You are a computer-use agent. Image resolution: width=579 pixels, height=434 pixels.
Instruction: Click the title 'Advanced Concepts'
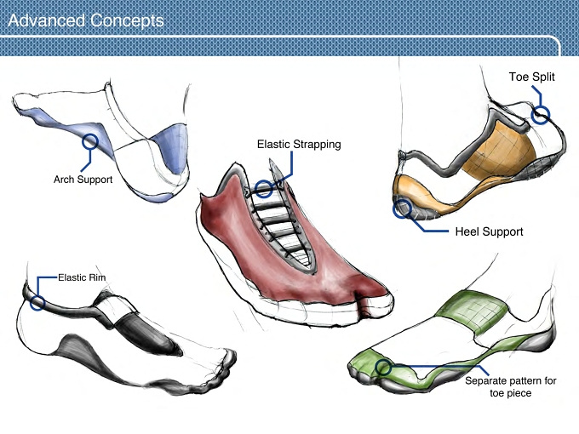(86, 20)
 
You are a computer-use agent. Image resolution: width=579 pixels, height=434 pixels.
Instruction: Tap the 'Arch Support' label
(83, 180)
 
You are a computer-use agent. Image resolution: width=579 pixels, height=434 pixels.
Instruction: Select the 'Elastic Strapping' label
(299, 145)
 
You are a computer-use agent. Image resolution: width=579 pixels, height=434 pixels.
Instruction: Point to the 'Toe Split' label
(531, 77)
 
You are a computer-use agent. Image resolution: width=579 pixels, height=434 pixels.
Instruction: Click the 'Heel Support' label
(490, 231)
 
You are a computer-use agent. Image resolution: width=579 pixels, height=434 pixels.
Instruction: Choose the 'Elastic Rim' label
(82, 277)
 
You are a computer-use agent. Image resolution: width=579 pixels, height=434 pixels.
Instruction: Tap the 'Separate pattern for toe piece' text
(511, 386)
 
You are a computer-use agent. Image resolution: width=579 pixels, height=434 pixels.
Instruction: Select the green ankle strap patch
(473, 311)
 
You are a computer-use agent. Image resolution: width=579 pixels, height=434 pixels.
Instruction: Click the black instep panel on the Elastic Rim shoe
(146, 334)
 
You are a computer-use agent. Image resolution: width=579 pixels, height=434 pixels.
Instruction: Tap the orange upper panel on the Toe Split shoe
(498, 150)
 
